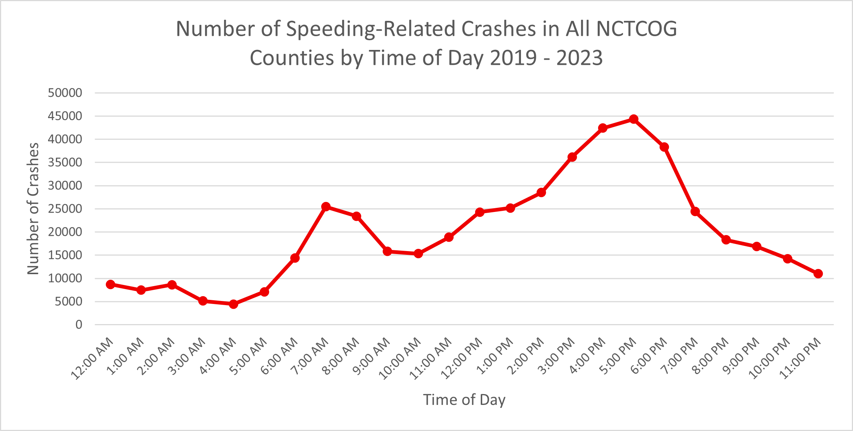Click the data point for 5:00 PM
[x=634, y=119]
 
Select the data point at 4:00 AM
[x=234, y=304]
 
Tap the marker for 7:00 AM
[x=326, y=206]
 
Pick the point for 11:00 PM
[x=818, y=274]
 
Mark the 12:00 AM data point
[x=110, y=285]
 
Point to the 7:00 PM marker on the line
[x=695, y=212]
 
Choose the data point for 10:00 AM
[x=418, y=254]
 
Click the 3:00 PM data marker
[x=572, y=157]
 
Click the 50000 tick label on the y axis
[x=65, y=93]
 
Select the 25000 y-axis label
[x=65, y=209]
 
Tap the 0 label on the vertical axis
[x=79, y=325]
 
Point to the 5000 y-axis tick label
[x=68, y=301]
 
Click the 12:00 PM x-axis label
[x=462, y=358]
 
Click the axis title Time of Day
[x=464, y=400]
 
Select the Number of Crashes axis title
[x=33, y=209]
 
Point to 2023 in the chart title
[x=579, y=58]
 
